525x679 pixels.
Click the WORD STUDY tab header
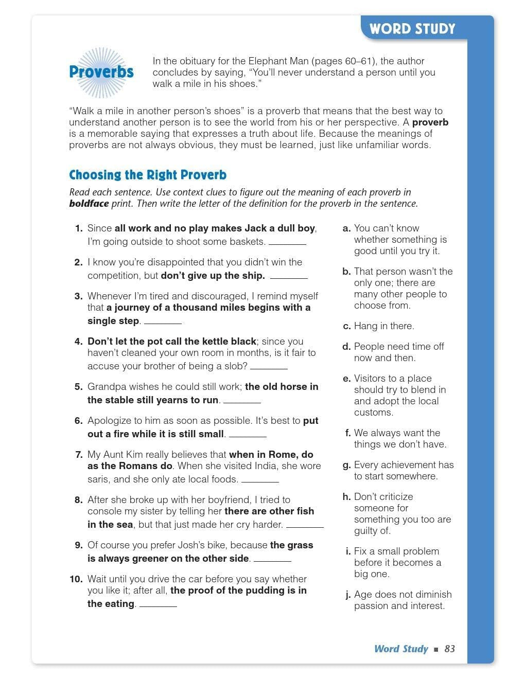pos(412,29)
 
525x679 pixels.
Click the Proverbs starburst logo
pos(101,72)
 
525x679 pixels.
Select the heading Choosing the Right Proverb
pos(148,175)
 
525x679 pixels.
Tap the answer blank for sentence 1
pos(287,243)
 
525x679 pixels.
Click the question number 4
pos(78,342)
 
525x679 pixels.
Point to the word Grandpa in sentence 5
pos(106,387)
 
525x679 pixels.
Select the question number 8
pos(78,500)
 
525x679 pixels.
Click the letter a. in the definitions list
pos(346,228)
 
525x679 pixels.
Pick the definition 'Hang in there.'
pos(384,326)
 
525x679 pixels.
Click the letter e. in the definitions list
pos(346,379)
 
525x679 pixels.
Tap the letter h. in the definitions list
pos(346,497)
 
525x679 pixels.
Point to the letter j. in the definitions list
pos(348,595)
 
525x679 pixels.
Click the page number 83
pos(450,649)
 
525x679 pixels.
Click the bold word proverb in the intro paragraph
pos(430,122)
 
